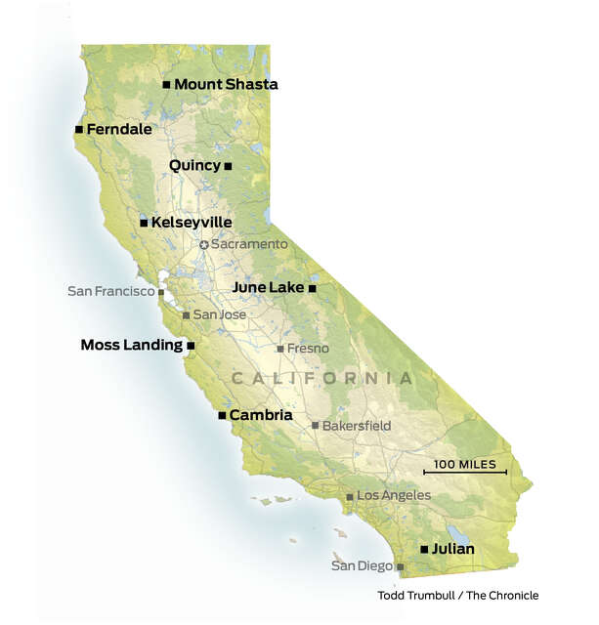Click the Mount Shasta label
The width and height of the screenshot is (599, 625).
226,85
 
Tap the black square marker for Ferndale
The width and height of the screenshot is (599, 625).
78,129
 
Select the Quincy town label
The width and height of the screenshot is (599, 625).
194,165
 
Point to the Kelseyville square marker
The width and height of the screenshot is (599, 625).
144,223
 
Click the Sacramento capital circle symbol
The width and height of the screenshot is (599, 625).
203,244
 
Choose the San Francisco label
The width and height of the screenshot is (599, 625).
111,291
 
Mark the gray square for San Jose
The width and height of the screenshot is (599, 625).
186,315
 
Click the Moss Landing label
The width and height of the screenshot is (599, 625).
131,345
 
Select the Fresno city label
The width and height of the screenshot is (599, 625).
309,349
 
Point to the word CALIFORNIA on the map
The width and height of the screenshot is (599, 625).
321,378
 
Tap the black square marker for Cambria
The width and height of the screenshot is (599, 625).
222,415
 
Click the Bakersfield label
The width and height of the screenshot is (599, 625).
357,426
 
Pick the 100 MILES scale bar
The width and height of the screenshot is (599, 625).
465,472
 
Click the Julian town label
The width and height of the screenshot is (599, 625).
452,549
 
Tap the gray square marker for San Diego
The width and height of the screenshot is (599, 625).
399,566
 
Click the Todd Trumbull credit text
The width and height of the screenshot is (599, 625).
457,596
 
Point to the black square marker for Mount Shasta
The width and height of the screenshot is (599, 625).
166,85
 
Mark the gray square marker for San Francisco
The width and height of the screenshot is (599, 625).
162,292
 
